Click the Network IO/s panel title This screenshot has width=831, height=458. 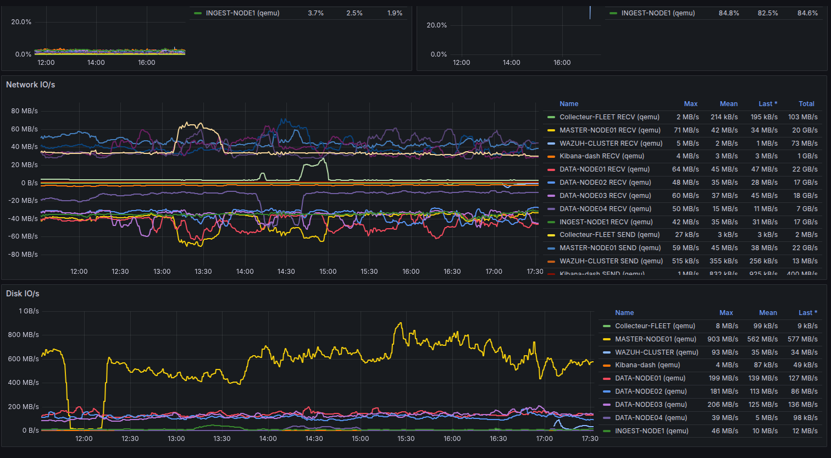[30, 85]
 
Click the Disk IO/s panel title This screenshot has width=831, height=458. [23, 294]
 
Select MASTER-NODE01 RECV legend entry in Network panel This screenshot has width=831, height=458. [610, 130]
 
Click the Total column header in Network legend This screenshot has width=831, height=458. [806, 104]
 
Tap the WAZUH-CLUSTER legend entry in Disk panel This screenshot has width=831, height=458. [656, 352]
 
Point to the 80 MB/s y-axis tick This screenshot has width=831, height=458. [24, 111]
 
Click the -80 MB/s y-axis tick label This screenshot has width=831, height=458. [23, 255]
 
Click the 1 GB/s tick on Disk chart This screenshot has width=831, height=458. [29, 311]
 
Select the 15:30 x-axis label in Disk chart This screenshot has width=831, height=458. [406, 439]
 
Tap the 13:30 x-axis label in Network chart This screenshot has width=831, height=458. [203, 272]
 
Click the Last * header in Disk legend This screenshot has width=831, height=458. [807, 313]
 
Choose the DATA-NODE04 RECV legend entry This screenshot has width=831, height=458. [605, 209]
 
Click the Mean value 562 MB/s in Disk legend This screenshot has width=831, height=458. [762, 339]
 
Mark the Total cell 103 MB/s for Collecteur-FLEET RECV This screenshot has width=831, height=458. [802, 117]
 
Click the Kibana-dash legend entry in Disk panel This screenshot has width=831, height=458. [647, 365]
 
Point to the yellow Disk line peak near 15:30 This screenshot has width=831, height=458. [400, 323]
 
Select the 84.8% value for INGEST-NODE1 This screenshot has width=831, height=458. [728, 13]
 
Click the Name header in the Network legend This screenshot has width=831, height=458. [569, 104]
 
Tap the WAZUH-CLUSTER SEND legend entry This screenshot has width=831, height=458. [611, 261]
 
